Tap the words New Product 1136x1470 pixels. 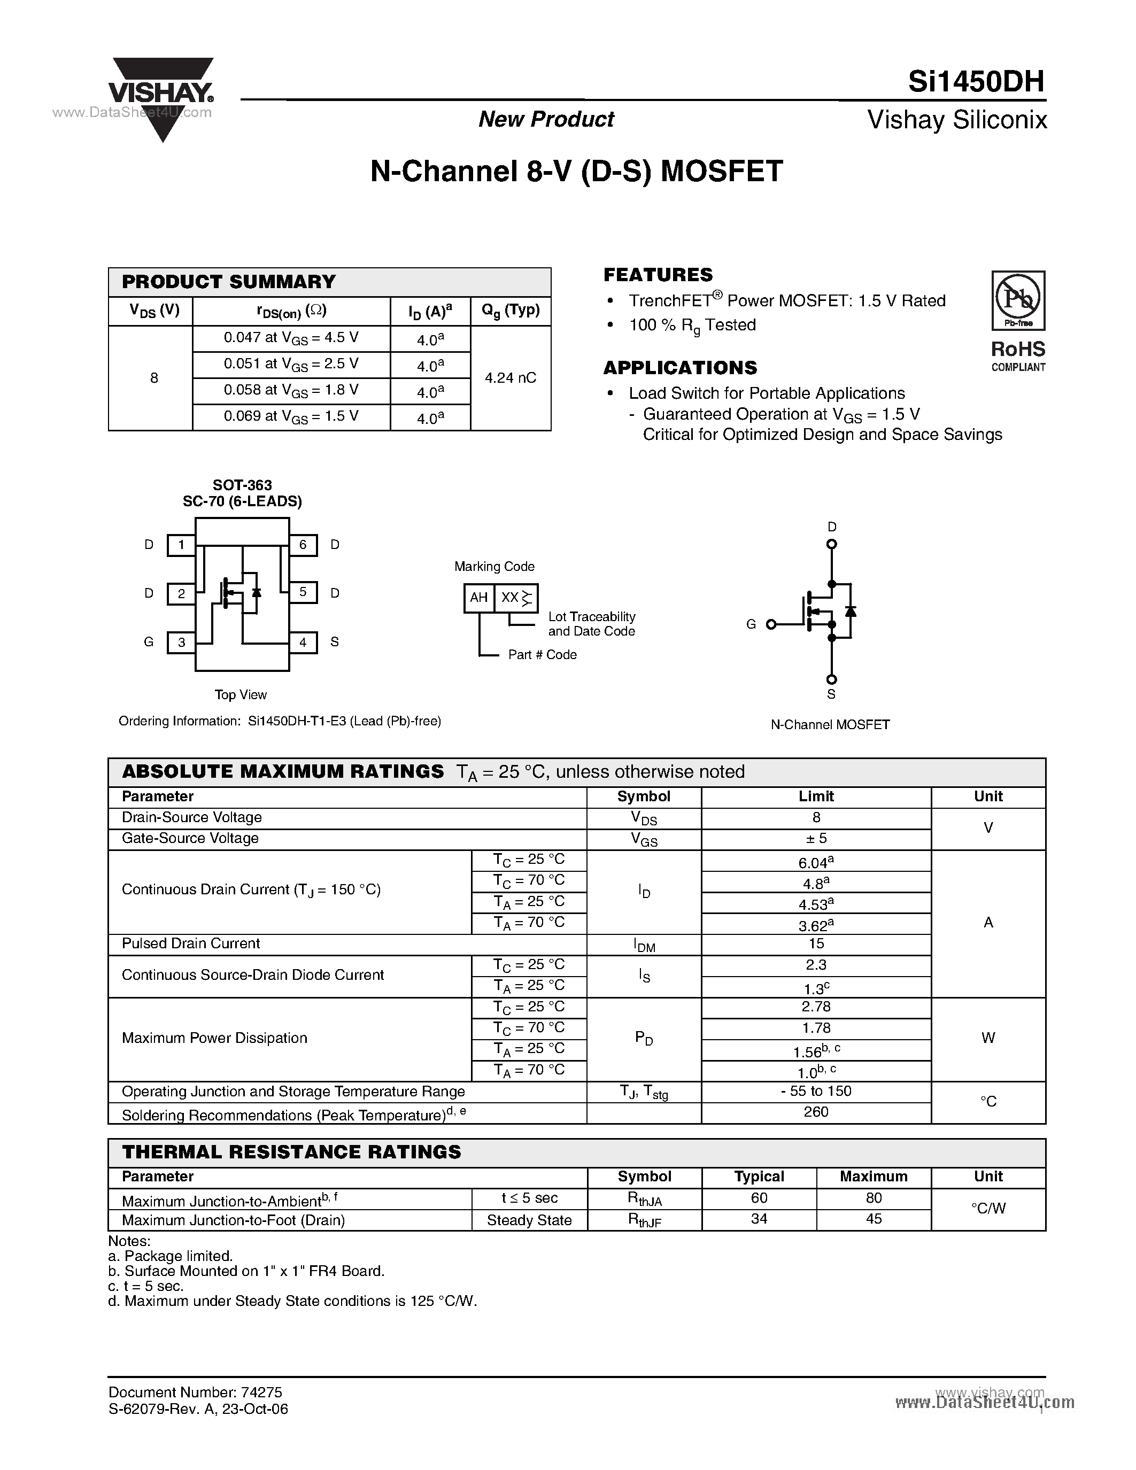pos(546,119)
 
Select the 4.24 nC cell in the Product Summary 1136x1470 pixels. pos(510,377)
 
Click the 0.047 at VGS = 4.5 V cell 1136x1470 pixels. pos(291,338)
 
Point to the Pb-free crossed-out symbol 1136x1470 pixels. pos(1017,298)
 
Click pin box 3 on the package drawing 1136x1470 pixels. pos(181,642)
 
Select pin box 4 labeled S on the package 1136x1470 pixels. pos(303,642)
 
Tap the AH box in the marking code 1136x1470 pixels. pos(478,598)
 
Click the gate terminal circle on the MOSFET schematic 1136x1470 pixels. pos(771,624)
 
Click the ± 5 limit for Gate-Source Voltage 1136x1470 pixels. pos(816,838)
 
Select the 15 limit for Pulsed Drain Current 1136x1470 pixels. pos(816,943)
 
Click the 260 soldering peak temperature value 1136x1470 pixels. pos(816,1112)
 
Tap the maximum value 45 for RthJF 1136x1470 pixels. pos(873,1219)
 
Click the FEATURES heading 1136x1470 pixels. pos(658,275)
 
